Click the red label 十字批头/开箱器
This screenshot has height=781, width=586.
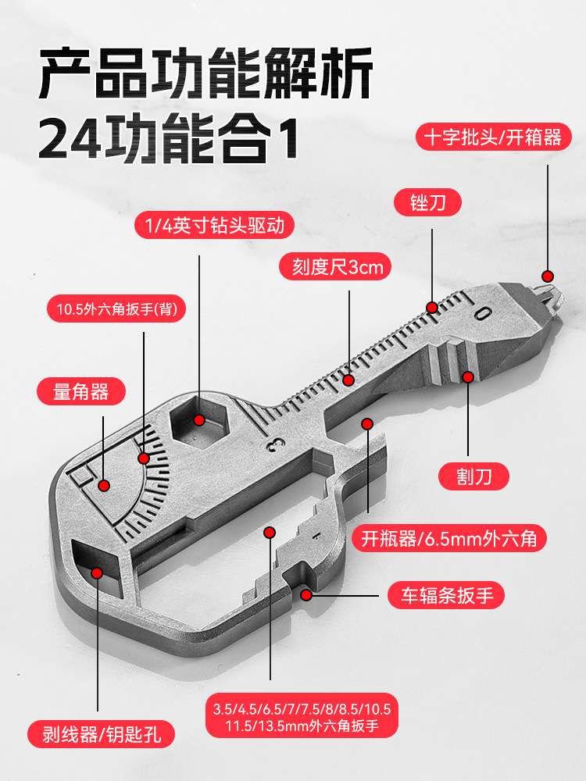click(493, 137)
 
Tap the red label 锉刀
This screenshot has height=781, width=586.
click(427, 203)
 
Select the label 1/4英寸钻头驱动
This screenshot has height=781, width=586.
click(214, 226)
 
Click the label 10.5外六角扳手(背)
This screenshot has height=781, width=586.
click(116, 309)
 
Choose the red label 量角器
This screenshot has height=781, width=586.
click(80, 391)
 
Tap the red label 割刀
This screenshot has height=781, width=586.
click(473, 476)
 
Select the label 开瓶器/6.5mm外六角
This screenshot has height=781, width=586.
click(449, 538)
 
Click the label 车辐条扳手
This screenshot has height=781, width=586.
click(446, 595)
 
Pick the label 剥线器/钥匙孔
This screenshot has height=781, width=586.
click(101, 734)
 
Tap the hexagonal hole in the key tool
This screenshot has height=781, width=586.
click(200, 422)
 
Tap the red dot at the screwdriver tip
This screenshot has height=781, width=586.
click(548, 276)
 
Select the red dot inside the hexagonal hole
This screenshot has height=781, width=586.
click(199, 420)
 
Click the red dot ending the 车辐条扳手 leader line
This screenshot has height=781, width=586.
click(306, 595)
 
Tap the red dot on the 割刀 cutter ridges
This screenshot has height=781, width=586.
click(467, 377)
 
